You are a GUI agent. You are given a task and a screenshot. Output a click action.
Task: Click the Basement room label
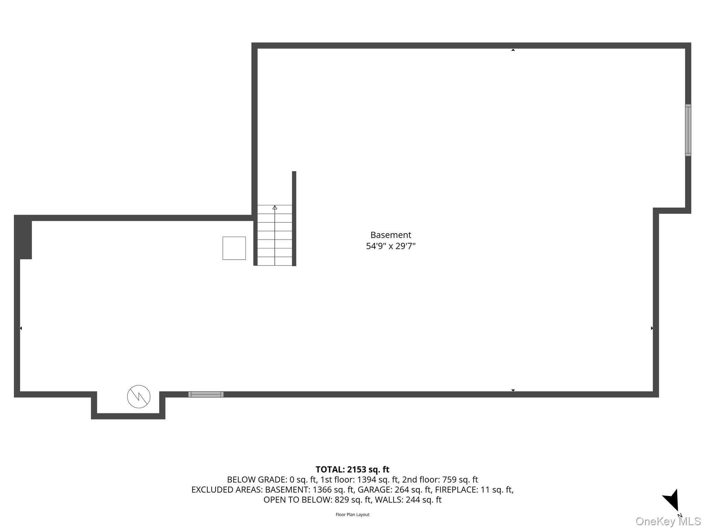391,235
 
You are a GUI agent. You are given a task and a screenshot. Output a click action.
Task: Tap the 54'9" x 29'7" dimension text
391,246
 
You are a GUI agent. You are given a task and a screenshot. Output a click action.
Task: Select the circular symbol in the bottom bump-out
139,396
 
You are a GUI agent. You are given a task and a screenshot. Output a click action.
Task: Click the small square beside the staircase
234,248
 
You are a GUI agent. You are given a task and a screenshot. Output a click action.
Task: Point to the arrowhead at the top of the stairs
275,207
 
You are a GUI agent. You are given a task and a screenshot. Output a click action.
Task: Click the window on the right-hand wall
688,130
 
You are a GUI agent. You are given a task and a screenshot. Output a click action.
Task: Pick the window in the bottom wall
206,394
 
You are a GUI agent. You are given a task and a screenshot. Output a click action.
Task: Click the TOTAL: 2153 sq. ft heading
352,469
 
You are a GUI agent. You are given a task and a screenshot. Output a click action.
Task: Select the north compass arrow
672,500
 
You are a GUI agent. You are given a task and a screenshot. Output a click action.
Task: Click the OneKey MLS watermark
668,521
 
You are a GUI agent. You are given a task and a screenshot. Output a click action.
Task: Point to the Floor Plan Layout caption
352,515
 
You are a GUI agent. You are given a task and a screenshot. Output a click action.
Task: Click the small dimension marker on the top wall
513,50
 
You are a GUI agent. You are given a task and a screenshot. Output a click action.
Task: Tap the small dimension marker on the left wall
21,328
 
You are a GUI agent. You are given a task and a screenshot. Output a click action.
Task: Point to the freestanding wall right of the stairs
294,218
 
